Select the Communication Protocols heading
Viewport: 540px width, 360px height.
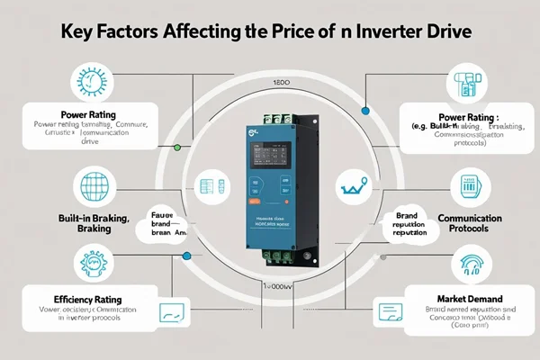[x=468, y=224]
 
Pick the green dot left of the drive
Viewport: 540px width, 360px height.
[x=177, y=146]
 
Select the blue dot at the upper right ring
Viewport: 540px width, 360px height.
[x=365, y=111]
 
